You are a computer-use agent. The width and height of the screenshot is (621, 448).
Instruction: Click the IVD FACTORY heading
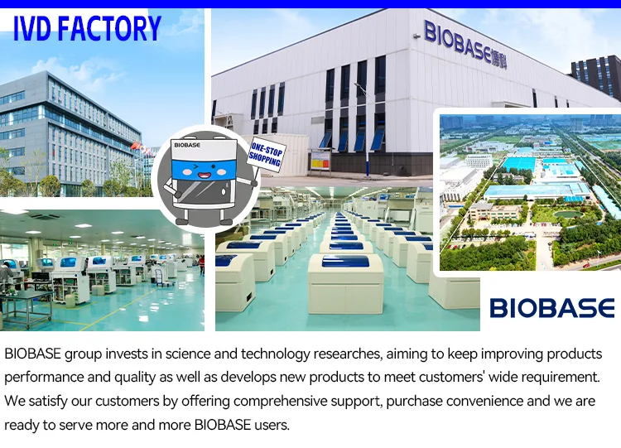pyautogui.click(x=87, y=28)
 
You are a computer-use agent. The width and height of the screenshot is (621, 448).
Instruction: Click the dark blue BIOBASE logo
pyautogui.click(x=551, y=309)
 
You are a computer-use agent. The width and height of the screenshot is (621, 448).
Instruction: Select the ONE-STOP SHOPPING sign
pyautogui.click(x=266, y=156)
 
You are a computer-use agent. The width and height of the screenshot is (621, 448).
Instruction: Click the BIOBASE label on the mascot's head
pyautogui.click(x=186, y=144)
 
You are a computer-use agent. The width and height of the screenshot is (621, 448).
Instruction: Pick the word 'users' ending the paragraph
pyautogui.click(x=271, y=426)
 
